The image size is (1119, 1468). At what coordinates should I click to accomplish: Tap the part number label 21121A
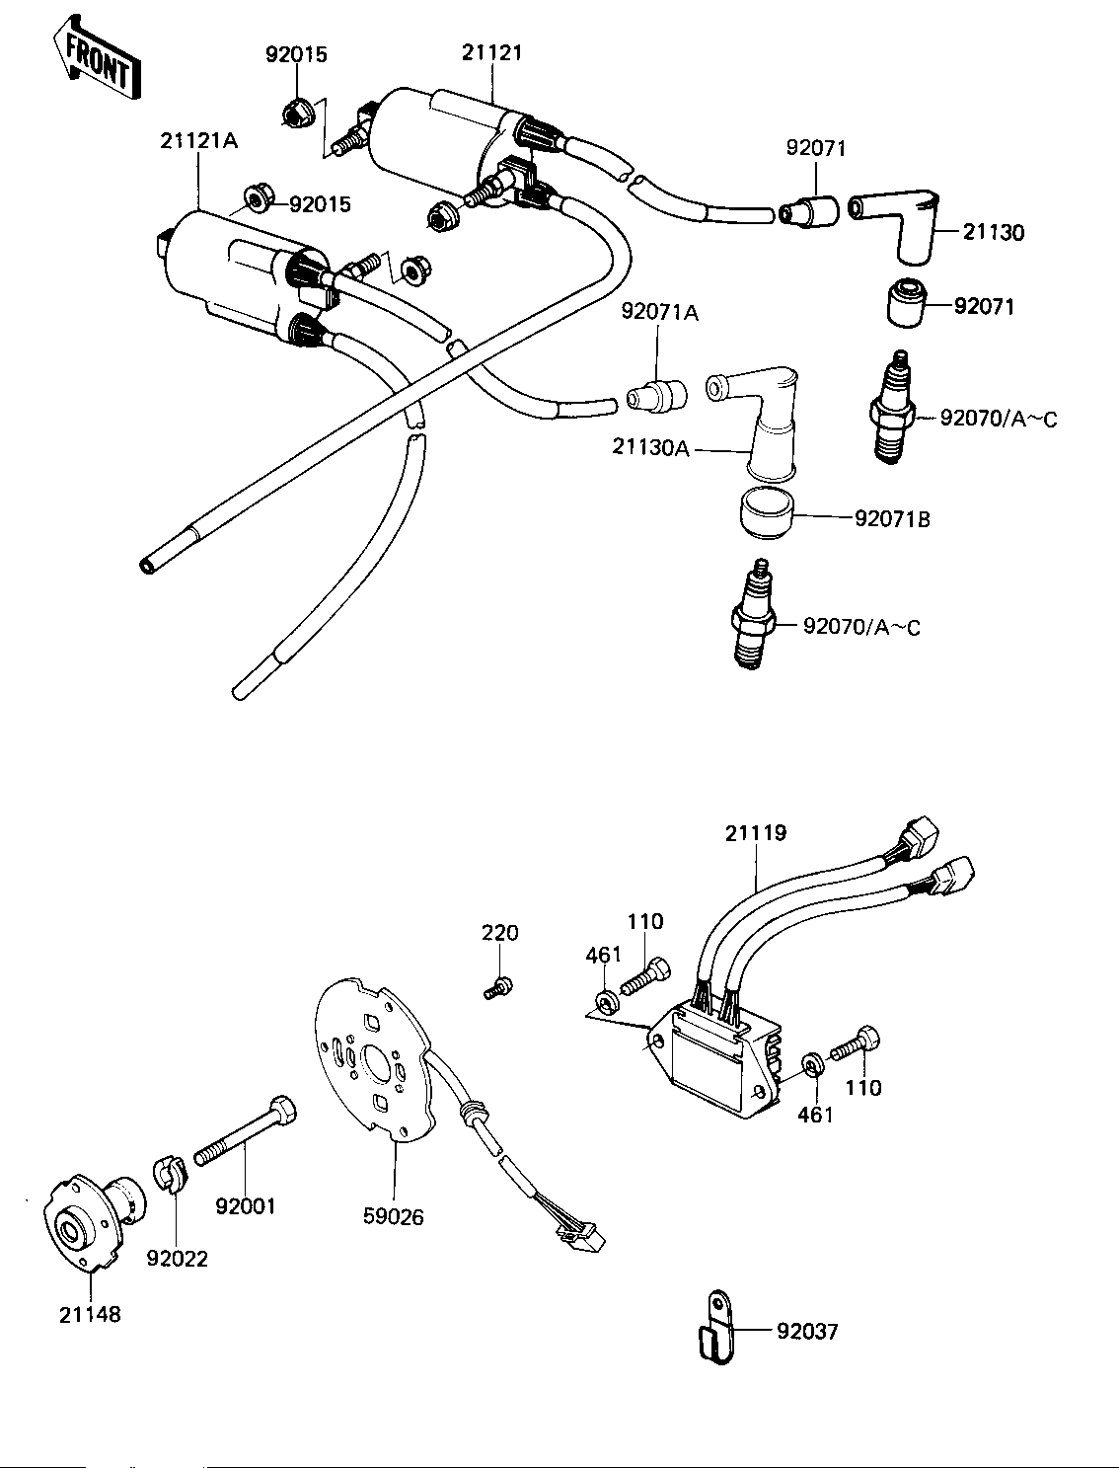198,141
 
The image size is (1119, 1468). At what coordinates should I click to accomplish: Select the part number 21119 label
756,833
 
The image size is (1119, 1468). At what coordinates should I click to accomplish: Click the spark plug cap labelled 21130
899,226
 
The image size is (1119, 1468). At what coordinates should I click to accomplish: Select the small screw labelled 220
497,987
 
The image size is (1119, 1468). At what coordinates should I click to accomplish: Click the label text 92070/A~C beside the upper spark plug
999,420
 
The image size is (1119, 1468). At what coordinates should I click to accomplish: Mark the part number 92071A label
660,312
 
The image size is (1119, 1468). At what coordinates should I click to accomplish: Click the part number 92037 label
807,1332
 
